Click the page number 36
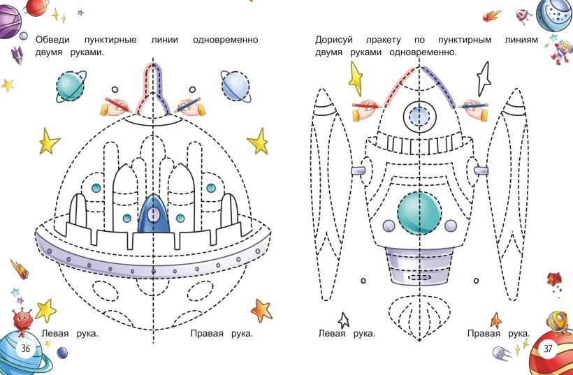[25, 348]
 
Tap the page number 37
[548, 348]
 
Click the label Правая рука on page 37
[498, 333]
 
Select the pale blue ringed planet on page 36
[235, 84]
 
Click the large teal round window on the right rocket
[419, 212]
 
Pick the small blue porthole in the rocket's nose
[419, 115]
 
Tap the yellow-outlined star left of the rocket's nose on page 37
[356, 79]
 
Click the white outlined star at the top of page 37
[484, 78]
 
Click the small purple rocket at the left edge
[17, 54]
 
